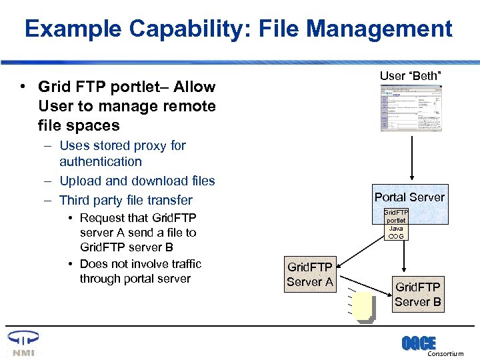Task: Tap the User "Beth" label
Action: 410,76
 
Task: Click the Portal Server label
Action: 409,197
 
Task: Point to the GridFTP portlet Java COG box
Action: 395,224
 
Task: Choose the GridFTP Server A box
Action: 309,275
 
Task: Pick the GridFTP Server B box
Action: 418,293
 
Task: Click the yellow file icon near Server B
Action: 364,307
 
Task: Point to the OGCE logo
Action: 419,343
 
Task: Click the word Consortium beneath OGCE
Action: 445,354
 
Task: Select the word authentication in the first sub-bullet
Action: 101,161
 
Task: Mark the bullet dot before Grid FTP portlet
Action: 23,87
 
